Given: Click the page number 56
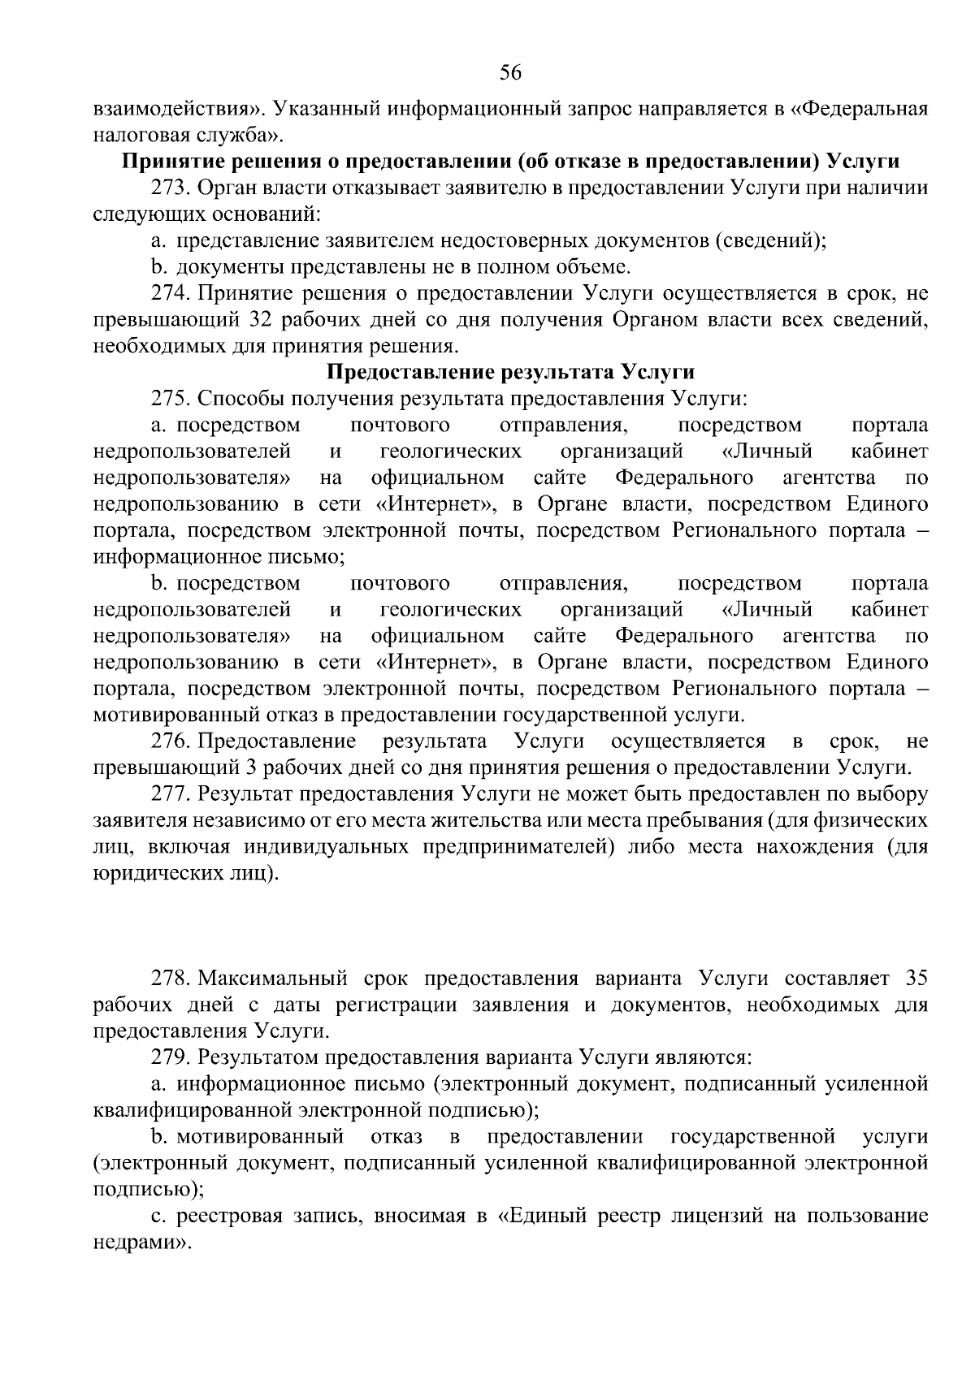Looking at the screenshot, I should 509,73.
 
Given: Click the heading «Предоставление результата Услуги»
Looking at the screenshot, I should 510,372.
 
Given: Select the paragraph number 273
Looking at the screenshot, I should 170,187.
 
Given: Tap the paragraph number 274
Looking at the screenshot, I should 170,293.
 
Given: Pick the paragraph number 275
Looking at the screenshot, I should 170,399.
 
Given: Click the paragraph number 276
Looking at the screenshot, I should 170,741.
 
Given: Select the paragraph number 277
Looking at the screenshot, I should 170,794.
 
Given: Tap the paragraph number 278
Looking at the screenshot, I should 170,978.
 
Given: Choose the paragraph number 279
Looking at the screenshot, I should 170,1057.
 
